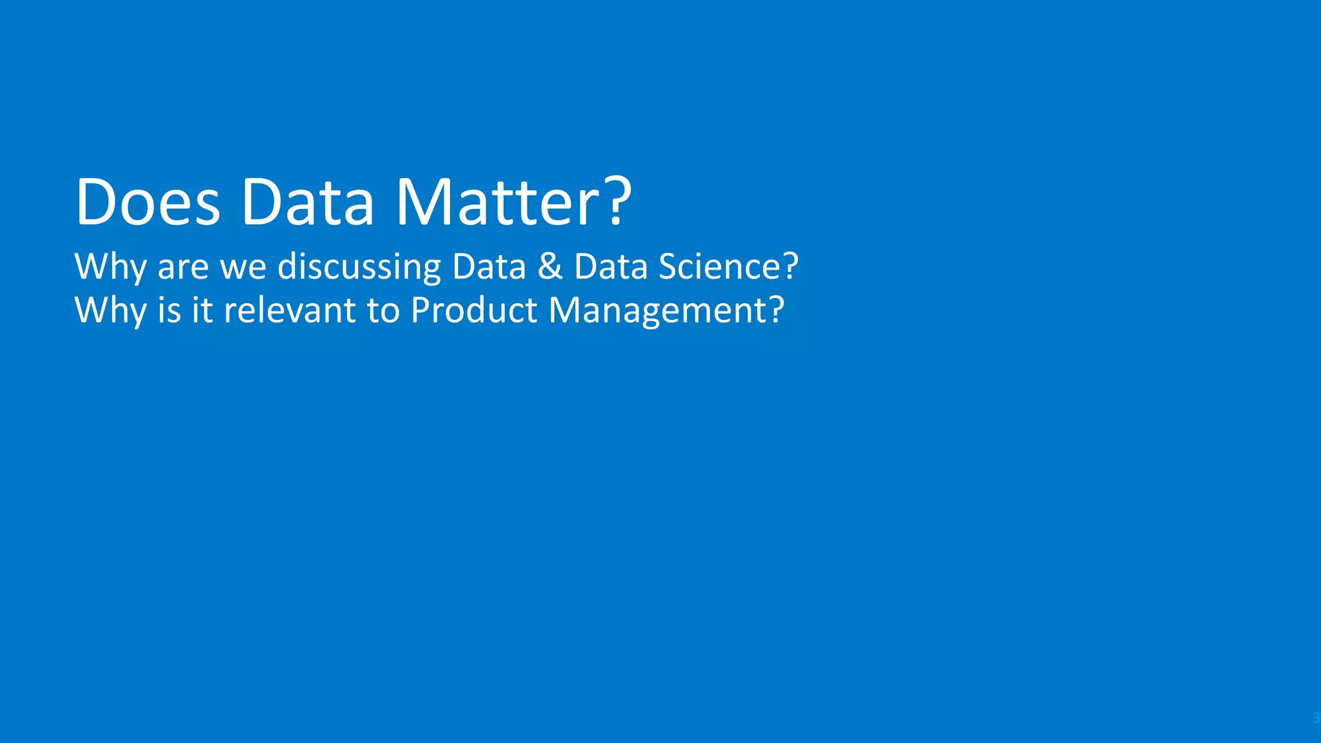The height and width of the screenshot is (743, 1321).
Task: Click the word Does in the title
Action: (x=148, y=202)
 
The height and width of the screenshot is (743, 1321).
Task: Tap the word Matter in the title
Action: (x=500, y=202)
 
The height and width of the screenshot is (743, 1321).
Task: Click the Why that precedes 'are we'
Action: (x=110, y=267)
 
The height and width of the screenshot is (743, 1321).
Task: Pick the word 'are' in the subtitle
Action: (x=183, y=267)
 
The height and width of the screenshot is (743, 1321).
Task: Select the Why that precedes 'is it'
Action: (x=110, y=311)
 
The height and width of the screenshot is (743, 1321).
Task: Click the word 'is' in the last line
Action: (x=170, y=310)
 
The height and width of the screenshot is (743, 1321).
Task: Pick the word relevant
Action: (x=290, y=310)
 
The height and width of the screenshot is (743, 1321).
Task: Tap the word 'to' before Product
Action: (x=383, y=311)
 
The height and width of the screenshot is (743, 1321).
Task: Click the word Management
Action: (x=657, y=311)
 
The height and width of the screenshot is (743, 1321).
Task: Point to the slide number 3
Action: (x=1316, y=718)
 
